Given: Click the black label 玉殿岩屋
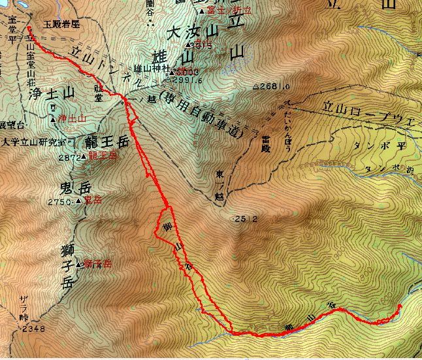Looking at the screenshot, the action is click(x=61, y=24).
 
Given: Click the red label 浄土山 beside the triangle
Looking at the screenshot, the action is click(x=72, y=118).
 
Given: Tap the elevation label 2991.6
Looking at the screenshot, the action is click(x=185, y=80).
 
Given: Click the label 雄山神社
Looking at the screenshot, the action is click(x=152, y=68).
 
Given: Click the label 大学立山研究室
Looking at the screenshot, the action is click(x=33, y=140).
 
